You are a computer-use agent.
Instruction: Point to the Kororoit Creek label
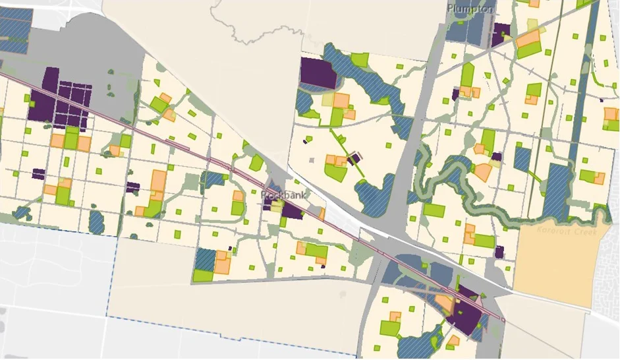coord(566,231)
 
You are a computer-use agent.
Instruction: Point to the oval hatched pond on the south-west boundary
coord(96,222)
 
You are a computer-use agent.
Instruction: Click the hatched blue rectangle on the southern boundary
coord(206,258)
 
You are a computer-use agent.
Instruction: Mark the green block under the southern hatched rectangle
coord(203,275)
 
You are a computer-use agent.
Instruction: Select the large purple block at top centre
coord(318,73)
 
